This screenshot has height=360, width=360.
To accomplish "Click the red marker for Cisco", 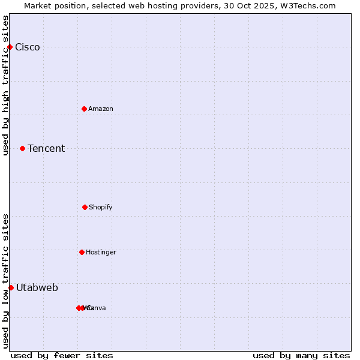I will [10, 47].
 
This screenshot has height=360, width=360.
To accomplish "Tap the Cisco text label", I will [28, 47].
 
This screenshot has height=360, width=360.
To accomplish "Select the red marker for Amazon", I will [84, 109].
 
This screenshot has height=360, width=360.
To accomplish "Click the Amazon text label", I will [101, 109].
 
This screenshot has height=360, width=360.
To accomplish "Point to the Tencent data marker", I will [22, 148].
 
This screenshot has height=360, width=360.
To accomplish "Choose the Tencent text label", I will [46, 149].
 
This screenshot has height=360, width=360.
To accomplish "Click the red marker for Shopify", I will [85, 207].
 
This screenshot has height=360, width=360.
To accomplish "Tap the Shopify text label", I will [101, 208].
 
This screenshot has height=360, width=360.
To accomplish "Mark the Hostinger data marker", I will [82, 252].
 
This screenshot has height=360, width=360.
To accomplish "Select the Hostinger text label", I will [101, 253].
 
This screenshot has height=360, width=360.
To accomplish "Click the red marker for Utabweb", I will [11, 287].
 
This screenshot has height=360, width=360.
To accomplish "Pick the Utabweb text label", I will [37, 288].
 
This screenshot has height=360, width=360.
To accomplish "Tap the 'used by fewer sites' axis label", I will [62, 356].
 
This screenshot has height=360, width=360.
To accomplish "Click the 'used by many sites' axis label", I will [301, 356].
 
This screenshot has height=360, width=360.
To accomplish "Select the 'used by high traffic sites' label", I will [6, 85].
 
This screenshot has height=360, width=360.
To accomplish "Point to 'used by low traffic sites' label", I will [6, 281].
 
